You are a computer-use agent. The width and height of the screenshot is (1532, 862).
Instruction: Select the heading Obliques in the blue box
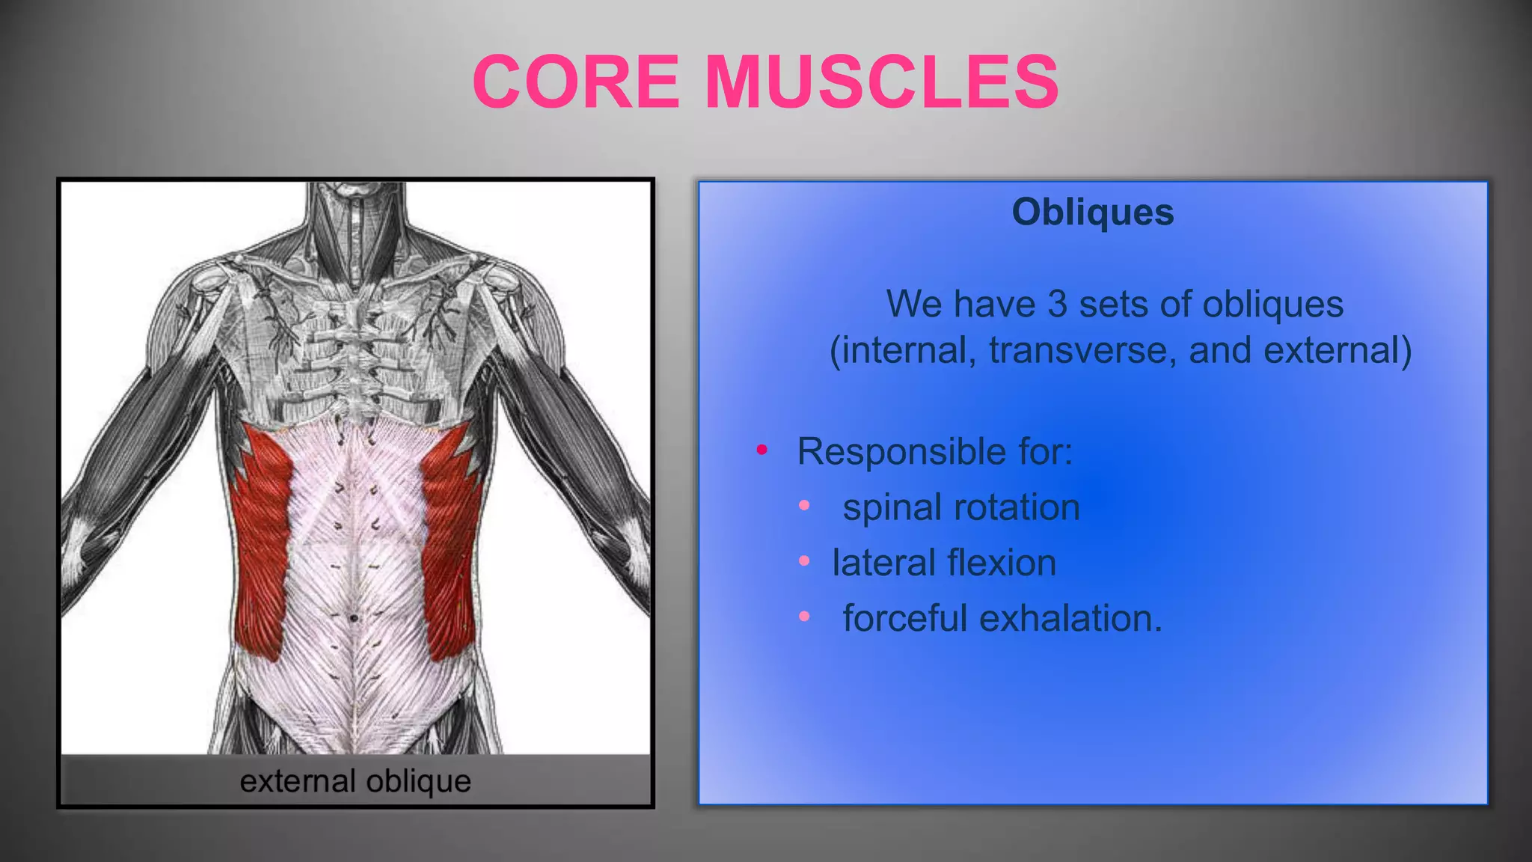[x=1092, y=213]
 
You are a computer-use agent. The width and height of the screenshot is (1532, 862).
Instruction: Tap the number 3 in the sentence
[x=1056, y=305]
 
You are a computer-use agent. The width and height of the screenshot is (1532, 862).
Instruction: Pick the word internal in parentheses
[x=904, y=351]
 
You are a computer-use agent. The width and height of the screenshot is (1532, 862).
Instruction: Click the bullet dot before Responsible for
[x=762, y=450]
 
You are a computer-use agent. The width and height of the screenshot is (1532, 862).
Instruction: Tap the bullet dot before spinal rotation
[x=804, y=506]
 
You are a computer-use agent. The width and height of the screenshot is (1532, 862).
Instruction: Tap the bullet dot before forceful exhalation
[x=804, y=617]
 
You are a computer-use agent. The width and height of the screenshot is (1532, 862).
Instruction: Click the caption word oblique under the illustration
[x=418, y=782]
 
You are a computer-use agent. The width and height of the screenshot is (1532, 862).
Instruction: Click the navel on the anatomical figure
[x=354, y=618]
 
